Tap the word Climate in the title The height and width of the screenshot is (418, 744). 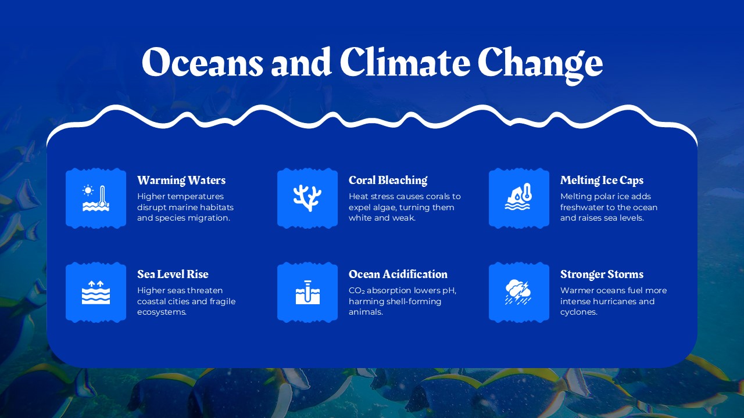coord(404,62)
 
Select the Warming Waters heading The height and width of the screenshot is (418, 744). coord(181,180)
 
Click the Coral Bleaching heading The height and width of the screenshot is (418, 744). coord(388,180)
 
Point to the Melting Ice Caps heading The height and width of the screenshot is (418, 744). coord(602,180)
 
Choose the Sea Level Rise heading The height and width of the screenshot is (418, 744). coord(173,274)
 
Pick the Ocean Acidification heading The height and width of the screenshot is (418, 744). coord(398,274)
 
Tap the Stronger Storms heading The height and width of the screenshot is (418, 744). coord(602,274)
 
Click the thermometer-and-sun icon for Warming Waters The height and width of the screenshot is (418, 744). coord(96,198)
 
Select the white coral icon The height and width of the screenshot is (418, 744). coord(307,198)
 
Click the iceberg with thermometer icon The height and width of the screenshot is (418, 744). coord(518,198)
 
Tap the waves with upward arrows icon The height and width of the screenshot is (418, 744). coord(96,292)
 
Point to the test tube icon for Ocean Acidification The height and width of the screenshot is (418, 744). coord(307,292)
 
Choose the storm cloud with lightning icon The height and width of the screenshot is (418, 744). coord(518,292)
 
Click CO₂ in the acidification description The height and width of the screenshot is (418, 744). coord(356,290)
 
